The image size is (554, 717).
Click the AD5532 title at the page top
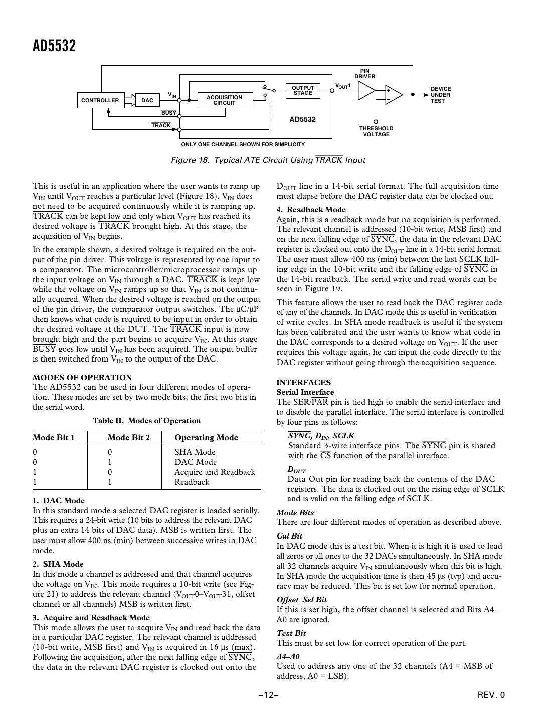[x=54, y=46]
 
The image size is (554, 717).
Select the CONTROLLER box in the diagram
[x=100, y=100]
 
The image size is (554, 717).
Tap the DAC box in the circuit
[x=147, y=100]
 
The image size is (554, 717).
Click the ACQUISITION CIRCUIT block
[x=224, y=100]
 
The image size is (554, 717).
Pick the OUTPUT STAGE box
[x=303, y=90]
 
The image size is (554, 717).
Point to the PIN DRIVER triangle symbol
[x=366, y=91]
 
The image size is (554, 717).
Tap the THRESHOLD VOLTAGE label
[x=376, y=131]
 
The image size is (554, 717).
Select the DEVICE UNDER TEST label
[x=440, y=95]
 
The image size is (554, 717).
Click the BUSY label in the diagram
[x=168, y=113]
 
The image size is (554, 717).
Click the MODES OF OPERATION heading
[x=82, y=377]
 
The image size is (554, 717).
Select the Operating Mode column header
[x=206, y=437]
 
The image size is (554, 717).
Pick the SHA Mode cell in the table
[x=195, y=452]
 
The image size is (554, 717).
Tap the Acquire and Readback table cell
[x=215, y=472]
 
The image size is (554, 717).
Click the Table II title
[x=146, y=421]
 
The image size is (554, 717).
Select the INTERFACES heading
[x=303, y=382]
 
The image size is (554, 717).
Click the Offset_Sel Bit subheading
[x=301, y=599]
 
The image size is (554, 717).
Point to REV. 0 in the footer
[x=491, y=695]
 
